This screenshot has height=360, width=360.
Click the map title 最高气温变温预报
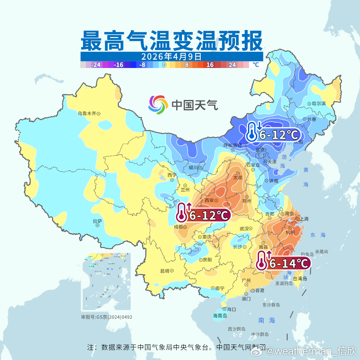171,41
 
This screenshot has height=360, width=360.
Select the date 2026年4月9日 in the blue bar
171,56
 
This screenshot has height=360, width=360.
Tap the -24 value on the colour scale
96,65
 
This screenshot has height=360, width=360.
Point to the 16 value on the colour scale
210,65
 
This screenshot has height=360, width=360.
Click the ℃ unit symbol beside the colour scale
255,65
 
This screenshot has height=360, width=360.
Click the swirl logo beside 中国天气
158,105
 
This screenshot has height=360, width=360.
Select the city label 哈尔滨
319,104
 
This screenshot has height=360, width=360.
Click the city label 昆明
165,271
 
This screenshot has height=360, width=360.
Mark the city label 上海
304,219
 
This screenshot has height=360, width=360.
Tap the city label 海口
231,309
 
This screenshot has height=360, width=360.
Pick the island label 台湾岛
300,279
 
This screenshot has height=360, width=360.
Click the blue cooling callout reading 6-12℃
273,135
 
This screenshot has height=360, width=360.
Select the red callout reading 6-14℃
283,263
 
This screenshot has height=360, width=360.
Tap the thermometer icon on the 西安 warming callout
182,212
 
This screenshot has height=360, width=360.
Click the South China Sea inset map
106,282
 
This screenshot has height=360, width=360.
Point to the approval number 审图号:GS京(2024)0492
106,317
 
